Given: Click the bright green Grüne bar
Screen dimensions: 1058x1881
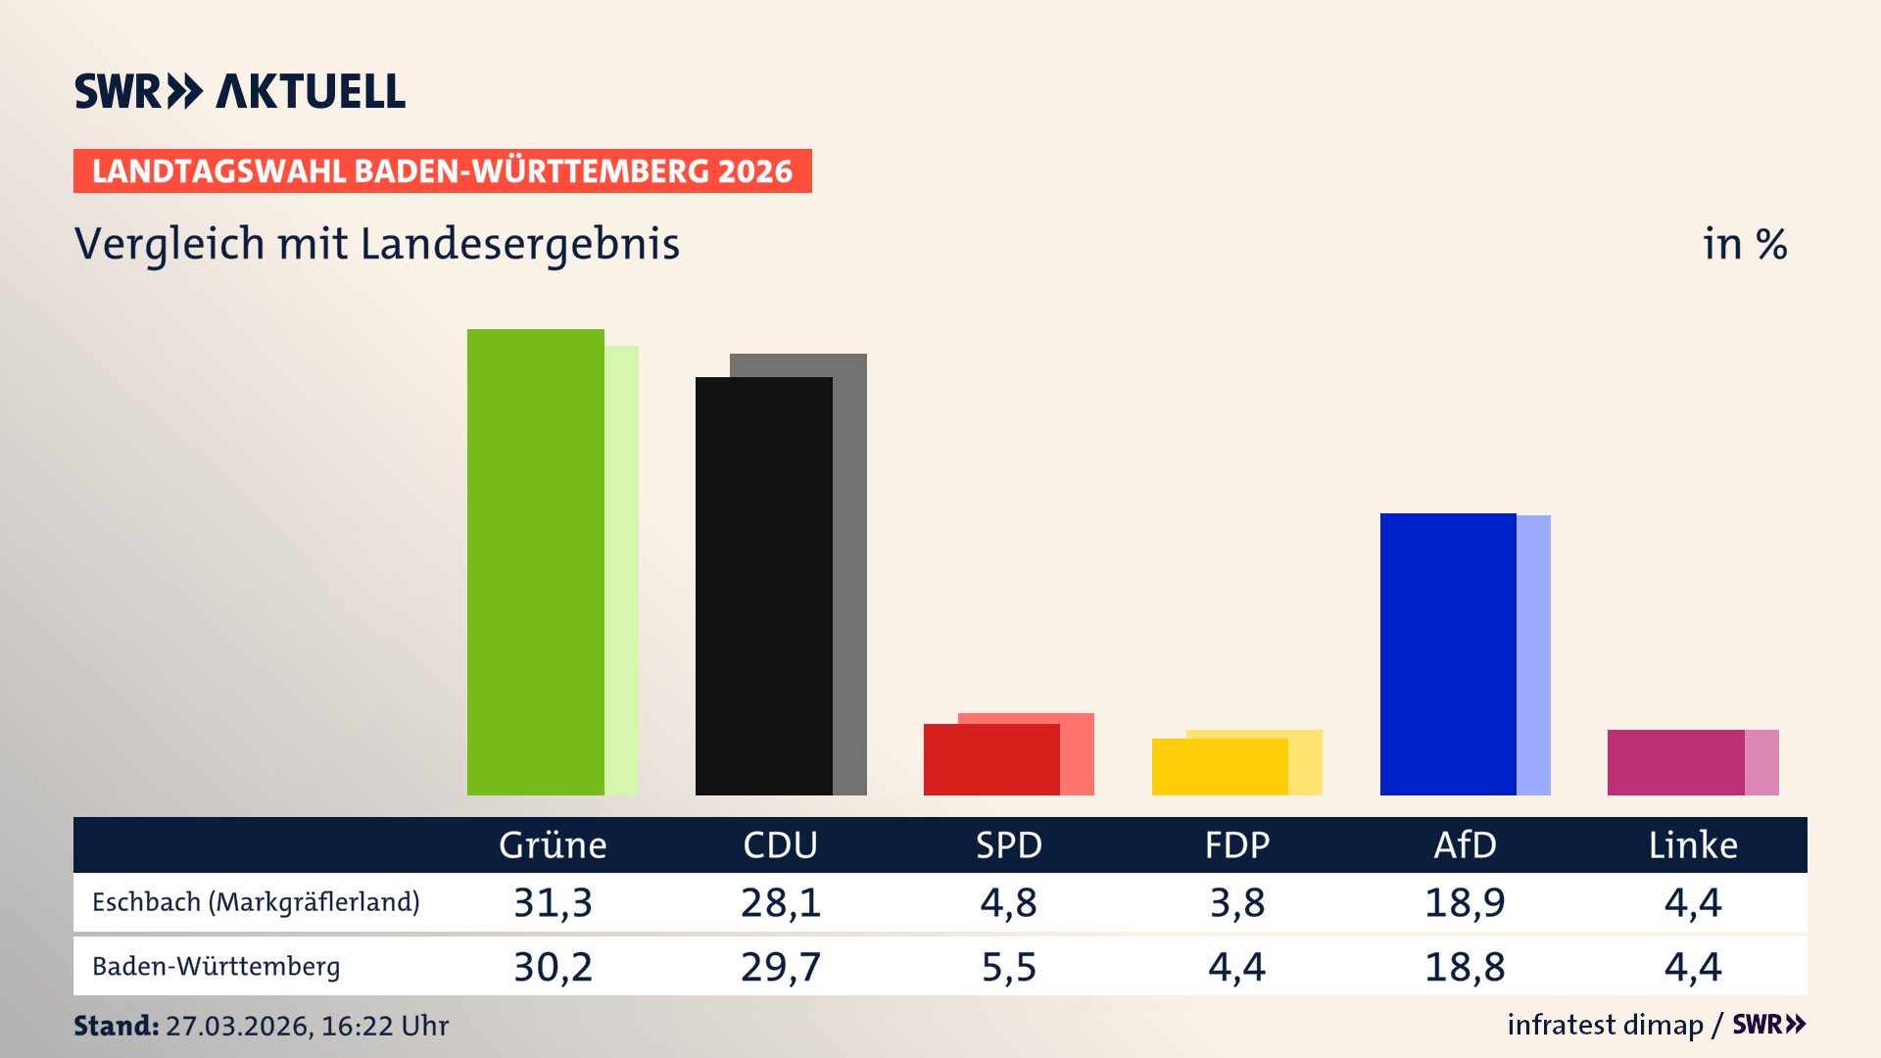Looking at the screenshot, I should point(535,562).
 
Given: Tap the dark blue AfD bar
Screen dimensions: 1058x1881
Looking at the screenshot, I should point(1447,653).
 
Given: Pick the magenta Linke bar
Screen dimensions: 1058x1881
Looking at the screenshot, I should point(1675,762).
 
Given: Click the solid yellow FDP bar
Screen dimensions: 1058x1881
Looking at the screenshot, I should point(1219,767).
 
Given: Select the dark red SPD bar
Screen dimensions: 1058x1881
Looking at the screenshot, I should point(990,759).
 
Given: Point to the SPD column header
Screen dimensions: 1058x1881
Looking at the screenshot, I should point(1008,844).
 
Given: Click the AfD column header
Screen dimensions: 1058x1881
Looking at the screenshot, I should point(1465,844).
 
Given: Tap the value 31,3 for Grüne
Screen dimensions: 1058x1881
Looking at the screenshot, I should point(553,902).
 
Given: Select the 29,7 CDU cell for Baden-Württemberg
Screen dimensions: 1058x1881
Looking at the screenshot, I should point(780,967).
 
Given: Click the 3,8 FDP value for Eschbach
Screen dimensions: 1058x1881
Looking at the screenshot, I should point(1236,902).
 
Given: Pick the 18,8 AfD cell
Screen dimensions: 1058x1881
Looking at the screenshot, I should point(1465,967).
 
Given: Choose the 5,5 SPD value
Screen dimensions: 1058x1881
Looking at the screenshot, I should point(1008,967).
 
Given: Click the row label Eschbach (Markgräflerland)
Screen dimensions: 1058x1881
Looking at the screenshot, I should point(256,902).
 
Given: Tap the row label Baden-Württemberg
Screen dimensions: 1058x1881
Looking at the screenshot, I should point(216,967).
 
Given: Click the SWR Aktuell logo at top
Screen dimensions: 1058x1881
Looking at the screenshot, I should point(239,91).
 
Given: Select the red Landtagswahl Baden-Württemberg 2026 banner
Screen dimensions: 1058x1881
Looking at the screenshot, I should point(442,171).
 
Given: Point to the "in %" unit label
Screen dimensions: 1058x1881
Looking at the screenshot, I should point(1744,244).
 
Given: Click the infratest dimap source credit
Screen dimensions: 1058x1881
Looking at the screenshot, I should point(1605,1025).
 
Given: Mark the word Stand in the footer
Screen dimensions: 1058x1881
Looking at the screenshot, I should point(115,1026).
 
